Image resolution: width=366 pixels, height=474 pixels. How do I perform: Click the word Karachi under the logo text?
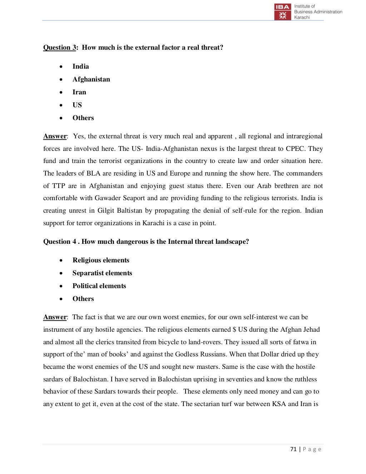(x=302, y=17)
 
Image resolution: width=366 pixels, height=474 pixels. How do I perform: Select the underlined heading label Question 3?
(x=59, y=48)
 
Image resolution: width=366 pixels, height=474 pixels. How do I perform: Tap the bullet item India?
(x=81, y=66)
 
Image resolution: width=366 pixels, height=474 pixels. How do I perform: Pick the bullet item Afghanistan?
(x=91, y=79)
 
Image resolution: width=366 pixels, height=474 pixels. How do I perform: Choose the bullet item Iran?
(x=79, y=92)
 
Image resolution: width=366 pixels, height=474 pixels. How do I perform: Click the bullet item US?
(x=77, y=105)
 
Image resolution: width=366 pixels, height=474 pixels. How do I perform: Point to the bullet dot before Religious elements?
(x=62, y=261)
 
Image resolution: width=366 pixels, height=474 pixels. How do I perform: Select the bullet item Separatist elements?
(x=102, y=273)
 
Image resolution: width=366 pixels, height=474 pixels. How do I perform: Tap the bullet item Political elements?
(x=99, y=286)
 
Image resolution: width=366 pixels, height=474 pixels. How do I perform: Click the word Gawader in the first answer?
(x=108, y=198)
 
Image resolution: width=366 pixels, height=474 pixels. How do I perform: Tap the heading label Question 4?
(x=60, y=242)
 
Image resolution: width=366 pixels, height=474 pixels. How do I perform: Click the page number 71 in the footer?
(x=293, y=449)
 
